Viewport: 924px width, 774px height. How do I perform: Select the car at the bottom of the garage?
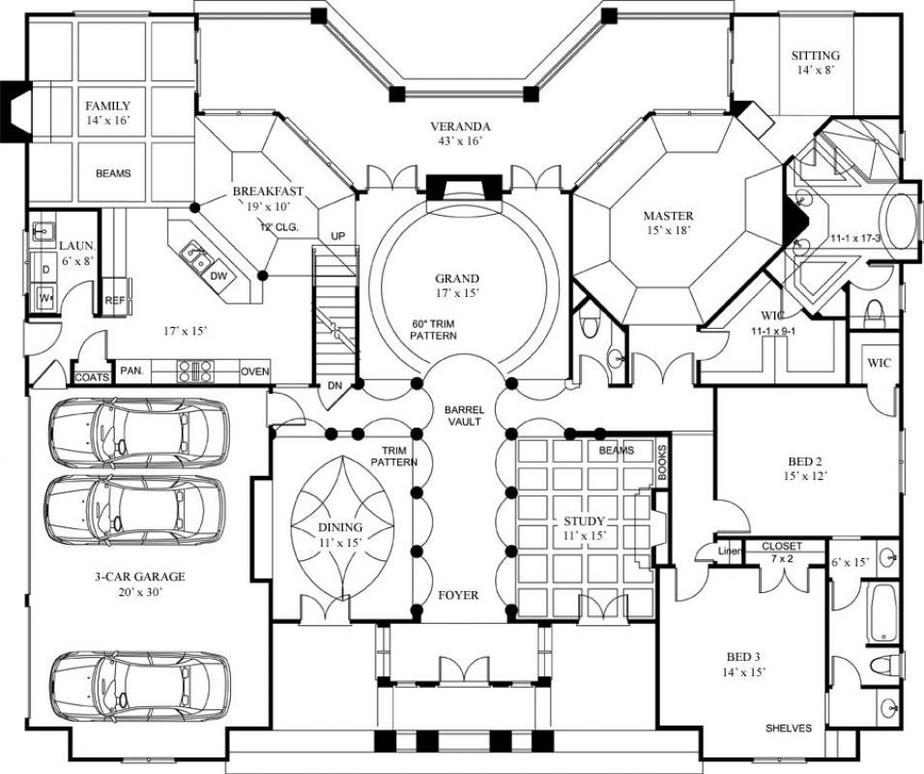139,685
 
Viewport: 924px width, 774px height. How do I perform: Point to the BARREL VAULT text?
464,417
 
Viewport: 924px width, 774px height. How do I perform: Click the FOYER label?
458,595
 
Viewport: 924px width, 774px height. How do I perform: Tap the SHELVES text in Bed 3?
789,729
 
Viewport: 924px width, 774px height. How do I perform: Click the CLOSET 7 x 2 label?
782,552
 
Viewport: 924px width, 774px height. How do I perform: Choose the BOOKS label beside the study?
662,462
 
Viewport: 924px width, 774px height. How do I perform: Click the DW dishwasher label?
218,276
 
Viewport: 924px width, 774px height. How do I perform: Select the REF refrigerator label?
115,301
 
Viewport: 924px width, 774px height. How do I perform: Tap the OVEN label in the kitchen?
254,371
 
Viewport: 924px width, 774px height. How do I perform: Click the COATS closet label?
91,376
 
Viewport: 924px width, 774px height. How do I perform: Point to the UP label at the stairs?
337,236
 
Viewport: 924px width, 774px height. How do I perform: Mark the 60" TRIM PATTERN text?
433,329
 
